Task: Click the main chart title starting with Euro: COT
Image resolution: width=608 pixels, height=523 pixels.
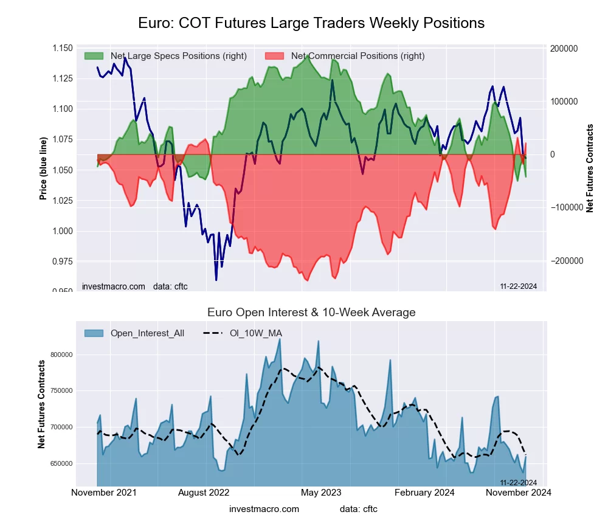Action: pos(311,23)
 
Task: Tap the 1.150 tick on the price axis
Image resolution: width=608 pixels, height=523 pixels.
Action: pos(62,48)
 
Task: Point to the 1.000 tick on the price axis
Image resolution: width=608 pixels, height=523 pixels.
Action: pos(62,231)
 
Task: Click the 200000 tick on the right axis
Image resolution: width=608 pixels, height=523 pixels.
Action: pos(563,49)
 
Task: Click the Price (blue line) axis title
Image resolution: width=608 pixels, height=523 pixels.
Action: pos(43,170)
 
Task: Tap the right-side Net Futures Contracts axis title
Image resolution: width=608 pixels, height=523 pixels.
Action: pos(589,168)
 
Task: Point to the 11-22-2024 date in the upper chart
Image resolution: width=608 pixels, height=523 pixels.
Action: pos(517,286)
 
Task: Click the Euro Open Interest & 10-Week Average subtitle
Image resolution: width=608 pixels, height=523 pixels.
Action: pos(311,313)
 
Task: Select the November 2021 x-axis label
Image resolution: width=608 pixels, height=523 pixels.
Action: pos(104,493)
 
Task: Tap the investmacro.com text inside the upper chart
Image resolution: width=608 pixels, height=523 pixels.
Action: pos(114,286)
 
